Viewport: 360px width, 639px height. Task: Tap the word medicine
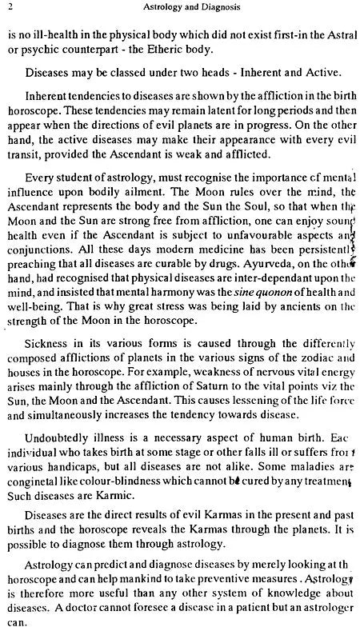pyautogui.click(x=214, y=264)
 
